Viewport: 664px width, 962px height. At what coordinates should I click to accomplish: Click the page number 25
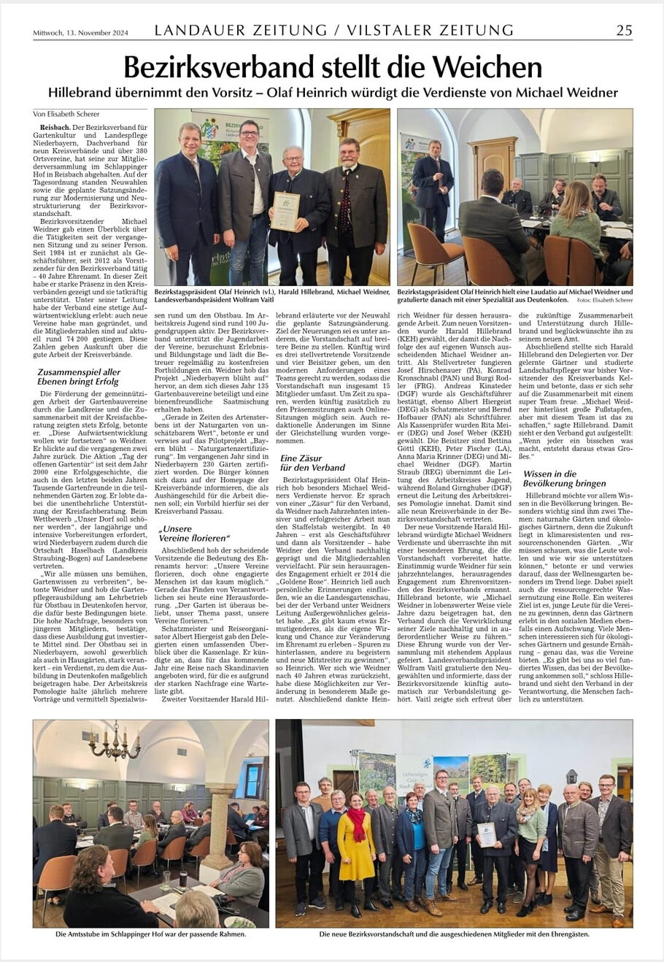(624, 30)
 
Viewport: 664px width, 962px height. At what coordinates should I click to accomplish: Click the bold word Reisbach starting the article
(55, 127)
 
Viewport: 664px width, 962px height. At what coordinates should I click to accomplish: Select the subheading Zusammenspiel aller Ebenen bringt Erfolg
(79, 377)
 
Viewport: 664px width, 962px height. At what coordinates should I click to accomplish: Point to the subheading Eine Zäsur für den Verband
(312, 462)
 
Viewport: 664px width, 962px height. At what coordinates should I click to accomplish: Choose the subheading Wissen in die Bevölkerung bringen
(564, 478)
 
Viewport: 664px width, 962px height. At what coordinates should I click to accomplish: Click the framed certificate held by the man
(285, 211)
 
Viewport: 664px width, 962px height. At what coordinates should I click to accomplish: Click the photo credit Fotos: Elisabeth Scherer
(604, 300)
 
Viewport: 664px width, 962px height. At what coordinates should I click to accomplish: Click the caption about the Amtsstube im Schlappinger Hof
(151, 934)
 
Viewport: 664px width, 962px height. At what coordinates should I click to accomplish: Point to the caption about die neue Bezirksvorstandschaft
(454, 934)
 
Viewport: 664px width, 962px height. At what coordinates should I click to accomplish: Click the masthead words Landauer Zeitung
(241, 30)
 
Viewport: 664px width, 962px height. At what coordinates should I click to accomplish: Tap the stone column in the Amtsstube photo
(220, 825)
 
